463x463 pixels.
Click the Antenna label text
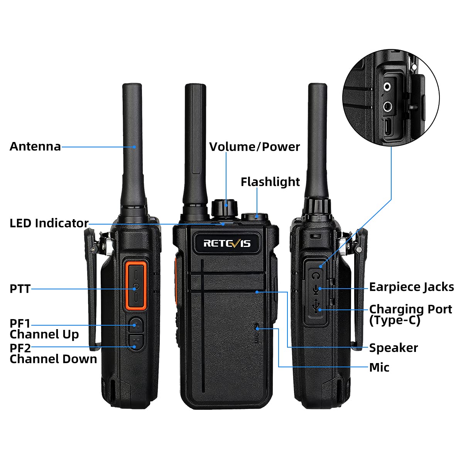pos(35,147)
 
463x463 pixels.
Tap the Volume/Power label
pos(254,147)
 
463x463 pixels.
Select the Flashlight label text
pos(270,182)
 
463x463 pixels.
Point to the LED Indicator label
pos(49,223)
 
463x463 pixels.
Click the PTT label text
pos(20,289)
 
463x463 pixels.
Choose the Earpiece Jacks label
pos(411,287)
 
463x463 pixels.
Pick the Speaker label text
pos(393,348)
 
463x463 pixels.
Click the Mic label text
pos(379,367)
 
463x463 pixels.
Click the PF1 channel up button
pos(135,324)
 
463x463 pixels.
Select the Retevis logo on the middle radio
pos(227,243)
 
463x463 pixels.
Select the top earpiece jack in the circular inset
pos(387,86)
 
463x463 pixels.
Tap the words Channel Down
pos(53,359)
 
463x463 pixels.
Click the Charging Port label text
pos(411,309)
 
